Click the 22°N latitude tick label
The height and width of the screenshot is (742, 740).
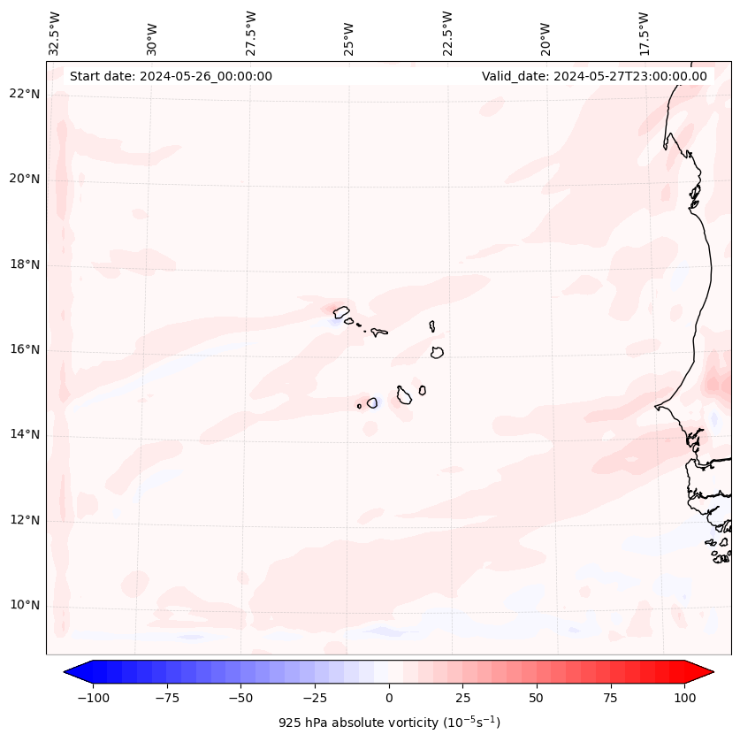coord(25,94)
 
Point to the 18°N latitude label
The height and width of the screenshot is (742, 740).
coord(25,264)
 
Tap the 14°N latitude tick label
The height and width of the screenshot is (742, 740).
coord(25,434)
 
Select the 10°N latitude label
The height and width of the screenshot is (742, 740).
coord(25,606)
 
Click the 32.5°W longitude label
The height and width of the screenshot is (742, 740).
coord(55,34)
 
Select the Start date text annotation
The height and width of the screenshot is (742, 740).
coord(171,76)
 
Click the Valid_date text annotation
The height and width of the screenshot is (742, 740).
coord(594,76)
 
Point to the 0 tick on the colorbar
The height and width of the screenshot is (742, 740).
coord(389,698)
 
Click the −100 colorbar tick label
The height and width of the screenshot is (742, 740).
coord(91,698)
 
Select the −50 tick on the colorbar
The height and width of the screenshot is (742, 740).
coord(240,698)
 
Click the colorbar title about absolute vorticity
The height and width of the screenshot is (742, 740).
coord(389,723)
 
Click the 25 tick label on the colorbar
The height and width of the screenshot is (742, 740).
coord(462,698)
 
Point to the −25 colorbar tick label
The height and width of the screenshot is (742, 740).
coord(314,698)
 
